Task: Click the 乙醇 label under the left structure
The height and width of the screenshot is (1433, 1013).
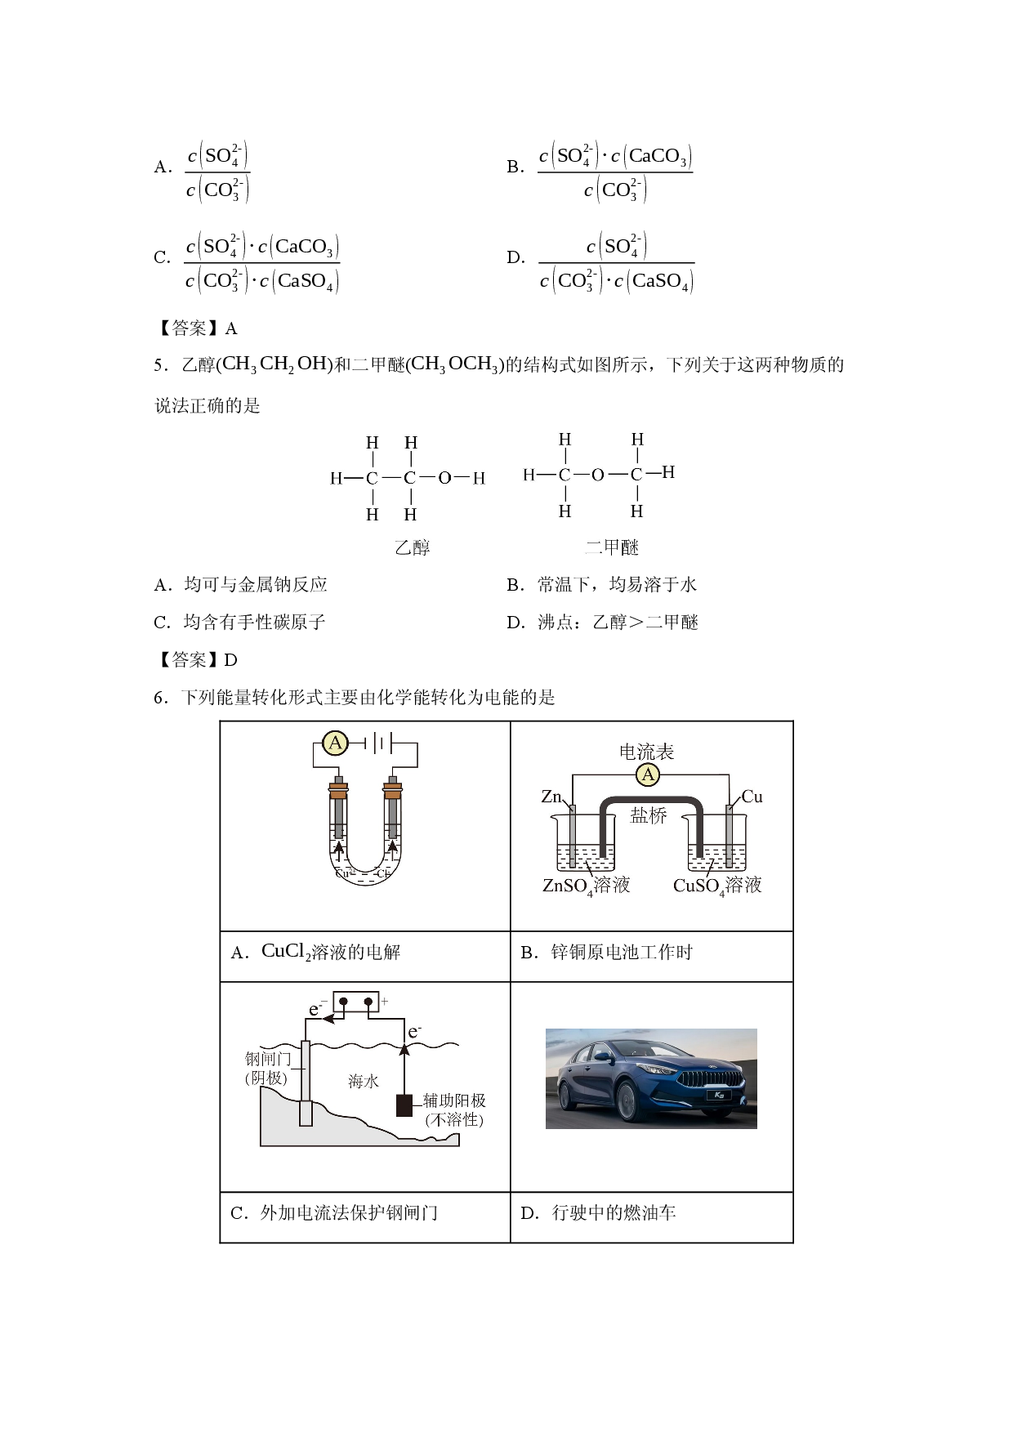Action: (x=413, y=547)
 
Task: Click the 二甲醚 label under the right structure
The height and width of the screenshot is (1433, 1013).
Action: (x=611, y=547)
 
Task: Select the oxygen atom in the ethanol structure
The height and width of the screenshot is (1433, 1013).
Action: (x=444, y=478)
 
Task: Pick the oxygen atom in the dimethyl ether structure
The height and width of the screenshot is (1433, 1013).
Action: (x=597, y=475)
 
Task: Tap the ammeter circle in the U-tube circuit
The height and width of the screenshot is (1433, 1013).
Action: (x=334, y=743)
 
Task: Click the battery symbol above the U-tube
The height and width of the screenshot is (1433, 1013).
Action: (x=378, y=743)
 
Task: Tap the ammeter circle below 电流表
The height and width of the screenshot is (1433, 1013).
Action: (x=648, y=775)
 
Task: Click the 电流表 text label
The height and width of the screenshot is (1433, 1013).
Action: (x=646, y=752)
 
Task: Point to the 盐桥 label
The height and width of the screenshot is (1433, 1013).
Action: (x=649, y=815)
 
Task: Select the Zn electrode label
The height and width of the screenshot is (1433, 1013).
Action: (x=551, y=796)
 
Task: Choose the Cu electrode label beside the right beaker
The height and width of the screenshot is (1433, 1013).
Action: (x=752, y=796)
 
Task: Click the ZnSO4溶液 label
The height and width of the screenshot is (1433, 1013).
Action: (x=586, y=886)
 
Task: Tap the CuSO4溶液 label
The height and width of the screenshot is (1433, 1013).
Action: (x=716, y=886)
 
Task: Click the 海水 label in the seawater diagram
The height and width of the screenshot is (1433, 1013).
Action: (x=364, y=1081)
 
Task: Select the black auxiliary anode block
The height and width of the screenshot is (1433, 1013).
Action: (x=404, y=1105)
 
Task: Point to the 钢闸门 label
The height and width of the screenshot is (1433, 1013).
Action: (x=268, y=1059)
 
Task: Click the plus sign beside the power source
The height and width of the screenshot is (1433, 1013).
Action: (x=385, y=1001)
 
